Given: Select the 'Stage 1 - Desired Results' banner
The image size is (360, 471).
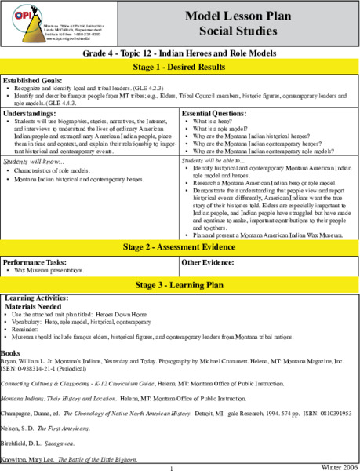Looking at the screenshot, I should point(180,65).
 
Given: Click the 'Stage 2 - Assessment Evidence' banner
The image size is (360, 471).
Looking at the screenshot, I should point(180,247).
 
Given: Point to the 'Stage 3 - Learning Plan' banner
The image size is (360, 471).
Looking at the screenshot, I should point(180,284).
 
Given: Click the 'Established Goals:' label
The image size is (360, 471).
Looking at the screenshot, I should point(34,80).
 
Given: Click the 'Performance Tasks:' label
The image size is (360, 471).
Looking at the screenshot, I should point(34,261).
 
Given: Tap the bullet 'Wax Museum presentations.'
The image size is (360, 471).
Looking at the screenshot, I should point(50,269).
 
